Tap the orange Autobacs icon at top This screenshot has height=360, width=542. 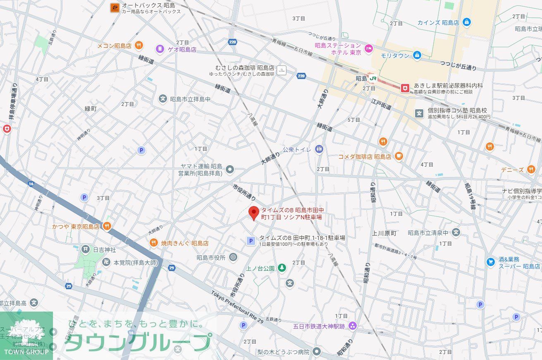coord(115,7)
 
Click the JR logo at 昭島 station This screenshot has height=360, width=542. coord(373,78)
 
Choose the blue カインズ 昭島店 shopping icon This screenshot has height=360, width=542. coord(467,22)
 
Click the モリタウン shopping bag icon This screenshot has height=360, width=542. coord(417,55)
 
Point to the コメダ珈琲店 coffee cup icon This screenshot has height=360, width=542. coord(399,156)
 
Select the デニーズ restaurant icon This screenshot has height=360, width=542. coord(531,169)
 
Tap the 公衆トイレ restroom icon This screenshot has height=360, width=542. coord(318,149)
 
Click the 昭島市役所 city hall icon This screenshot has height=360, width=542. coord(233,257)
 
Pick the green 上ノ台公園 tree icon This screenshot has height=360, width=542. coord(282,268)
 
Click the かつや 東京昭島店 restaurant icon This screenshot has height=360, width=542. coord(107,226)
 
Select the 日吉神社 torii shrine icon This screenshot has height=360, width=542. coord(85,249)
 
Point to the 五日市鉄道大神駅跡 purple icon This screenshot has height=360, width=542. coord(352,326)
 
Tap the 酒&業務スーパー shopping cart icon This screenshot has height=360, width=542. coord(490,262)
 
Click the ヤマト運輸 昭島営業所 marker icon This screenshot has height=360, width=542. coord(230,169)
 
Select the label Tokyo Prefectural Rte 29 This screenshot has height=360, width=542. coord(237,307)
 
